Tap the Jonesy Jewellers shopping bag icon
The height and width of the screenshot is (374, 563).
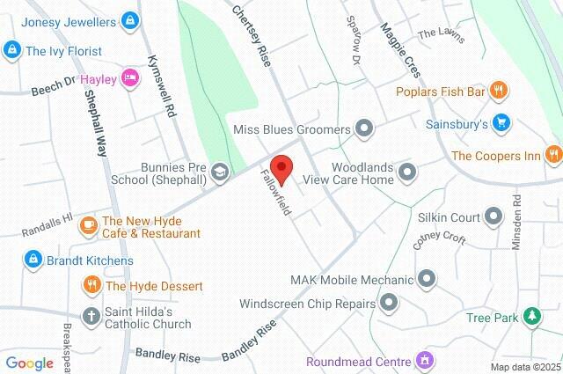tap(130, 18)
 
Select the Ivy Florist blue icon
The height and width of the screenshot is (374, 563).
tap(12, 51)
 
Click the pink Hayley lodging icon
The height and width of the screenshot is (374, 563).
tap(129, 78)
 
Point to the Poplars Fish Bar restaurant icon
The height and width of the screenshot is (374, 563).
tap(499, 89)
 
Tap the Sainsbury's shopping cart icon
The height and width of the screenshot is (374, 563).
tap(501, 123)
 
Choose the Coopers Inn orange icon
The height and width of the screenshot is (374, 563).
tap(552, 156)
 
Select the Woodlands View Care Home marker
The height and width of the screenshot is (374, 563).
tap(406, 172)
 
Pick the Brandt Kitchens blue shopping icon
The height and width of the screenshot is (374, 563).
tap(33, 260)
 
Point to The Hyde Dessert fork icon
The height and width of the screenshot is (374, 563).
tap(91, 285)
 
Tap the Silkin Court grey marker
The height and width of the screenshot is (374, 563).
tap(493, 216)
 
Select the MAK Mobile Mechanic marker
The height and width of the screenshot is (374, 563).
tap(427, 280)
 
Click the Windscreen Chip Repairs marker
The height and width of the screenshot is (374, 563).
tap(388, 304)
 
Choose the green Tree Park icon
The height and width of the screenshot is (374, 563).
tap(531, 317)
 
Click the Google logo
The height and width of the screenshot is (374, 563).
tap(29, 363)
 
